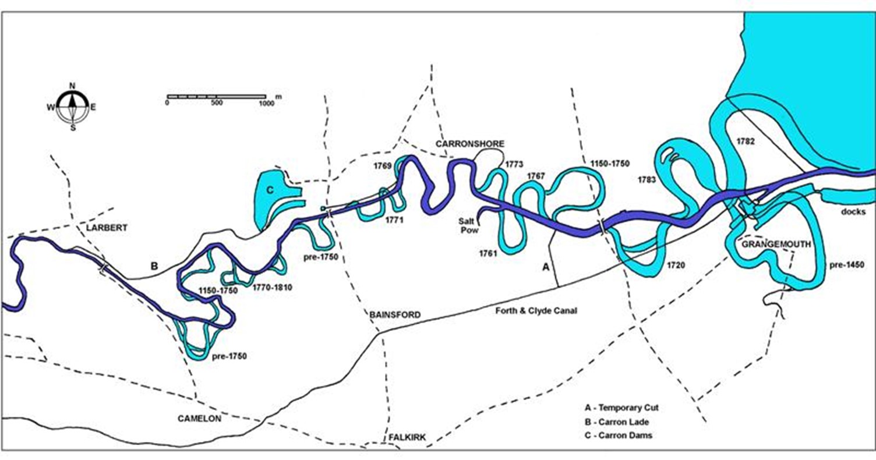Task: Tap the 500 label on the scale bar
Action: coord(217,103)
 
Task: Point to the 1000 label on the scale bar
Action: coord(266,103)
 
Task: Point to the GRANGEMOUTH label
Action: coord(775,245)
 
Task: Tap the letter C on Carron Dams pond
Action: coord(270,189)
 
